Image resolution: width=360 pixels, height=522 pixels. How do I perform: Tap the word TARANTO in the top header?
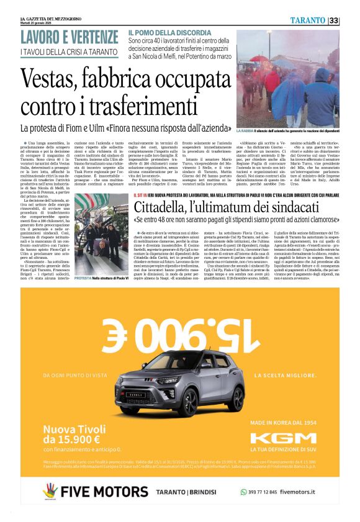tap(308, 20)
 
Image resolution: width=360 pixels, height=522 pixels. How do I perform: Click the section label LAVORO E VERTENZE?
tap(69, 37)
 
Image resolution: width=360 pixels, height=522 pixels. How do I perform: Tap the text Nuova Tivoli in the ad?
tap(73, 431)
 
